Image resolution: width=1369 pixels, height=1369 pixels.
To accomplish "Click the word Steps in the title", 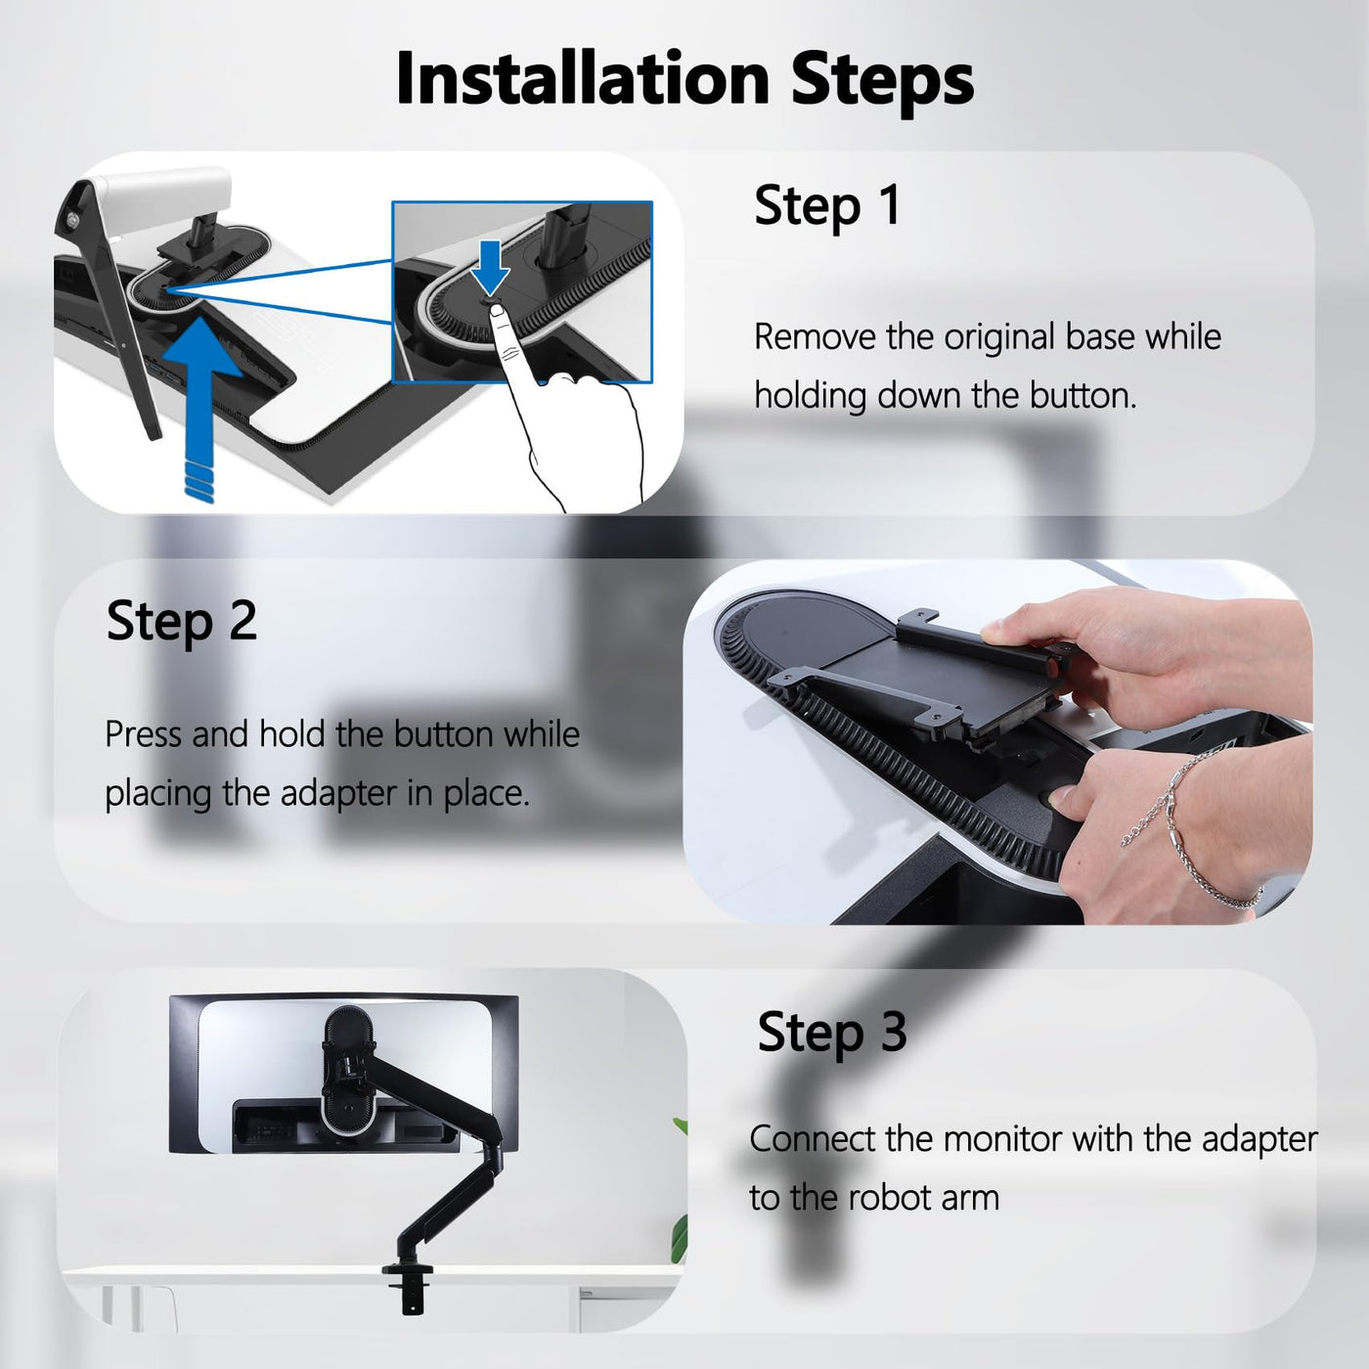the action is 882,84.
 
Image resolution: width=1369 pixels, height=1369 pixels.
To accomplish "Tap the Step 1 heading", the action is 827,206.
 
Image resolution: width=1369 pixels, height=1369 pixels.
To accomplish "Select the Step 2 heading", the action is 181,620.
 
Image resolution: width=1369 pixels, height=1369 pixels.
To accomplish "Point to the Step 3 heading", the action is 832,1032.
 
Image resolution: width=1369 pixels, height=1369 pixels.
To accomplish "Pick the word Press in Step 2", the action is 143,733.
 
